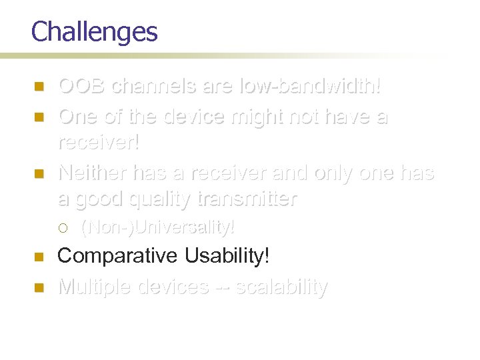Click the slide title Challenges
point(94,32)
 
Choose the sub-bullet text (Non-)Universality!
point(157,228)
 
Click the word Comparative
point(118,256)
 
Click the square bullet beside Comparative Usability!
point(39,257)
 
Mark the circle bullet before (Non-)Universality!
point(63,229)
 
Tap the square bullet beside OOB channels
point(39,87)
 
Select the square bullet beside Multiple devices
point(39,287)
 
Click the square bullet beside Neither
point(39,174)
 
